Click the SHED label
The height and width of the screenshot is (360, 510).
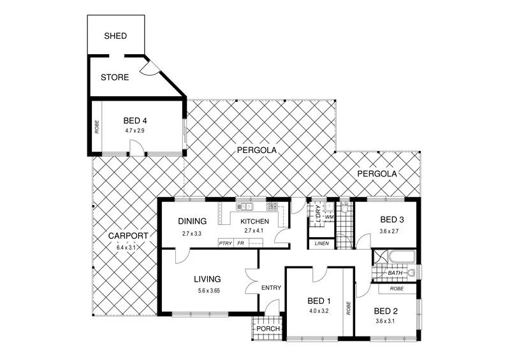point(115,36)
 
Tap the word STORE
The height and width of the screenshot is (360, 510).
point(115,78)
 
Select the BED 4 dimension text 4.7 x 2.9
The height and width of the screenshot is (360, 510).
point(136,131)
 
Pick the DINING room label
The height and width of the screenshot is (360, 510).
point(192,222)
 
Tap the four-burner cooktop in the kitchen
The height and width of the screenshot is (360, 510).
point(272,206)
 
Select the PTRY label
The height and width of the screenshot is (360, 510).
point(225,243)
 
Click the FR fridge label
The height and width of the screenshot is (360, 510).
point(240,243)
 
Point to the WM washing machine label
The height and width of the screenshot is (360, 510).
point(329,217)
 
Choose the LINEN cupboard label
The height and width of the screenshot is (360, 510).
point(321,243)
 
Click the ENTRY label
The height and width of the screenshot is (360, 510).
point(271,288)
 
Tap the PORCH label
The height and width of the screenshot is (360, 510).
point(267,329)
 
